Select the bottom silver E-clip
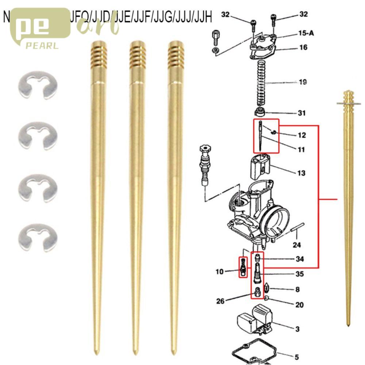point(38,239)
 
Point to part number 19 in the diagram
point(303,82)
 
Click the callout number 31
point(301,113)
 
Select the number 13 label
point(301,173)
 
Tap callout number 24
point(297,245)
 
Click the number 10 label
point(219,272)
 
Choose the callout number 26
point(220,301)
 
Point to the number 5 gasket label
point(297,357)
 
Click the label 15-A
point(306,33)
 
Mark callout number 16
point(303,47)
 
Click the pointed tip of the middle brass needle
point(135,353)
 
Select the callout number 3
point(297,329)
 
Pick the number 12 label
point(301,135)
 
